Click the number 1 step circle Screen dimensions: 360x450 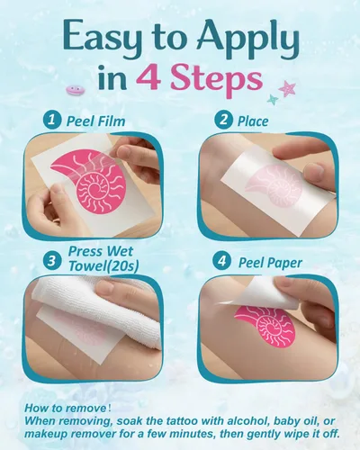coord(52,120)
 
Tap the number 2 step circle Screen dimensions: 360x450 coord(223,120)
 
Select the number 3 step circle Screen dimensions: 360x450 coord(52,260)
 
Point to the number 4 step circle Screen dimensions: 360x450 coord(222,261)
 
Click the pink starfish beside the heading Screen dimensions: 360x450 coord(287,88)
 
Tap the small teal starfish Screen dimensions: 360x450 coord(273,99)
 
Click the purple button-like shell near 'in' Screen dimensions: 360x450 coord(75,90)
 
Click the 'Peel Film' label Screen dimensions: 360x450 coord(95,121)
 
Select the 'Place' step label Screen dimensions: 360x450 coord(253,121)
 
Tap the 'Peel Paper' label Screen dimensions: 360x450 coord(270,263)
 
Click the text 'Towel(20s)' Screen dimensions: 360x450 coord(103,265)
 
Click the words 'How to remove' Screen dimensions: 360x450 coord(65,408)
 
